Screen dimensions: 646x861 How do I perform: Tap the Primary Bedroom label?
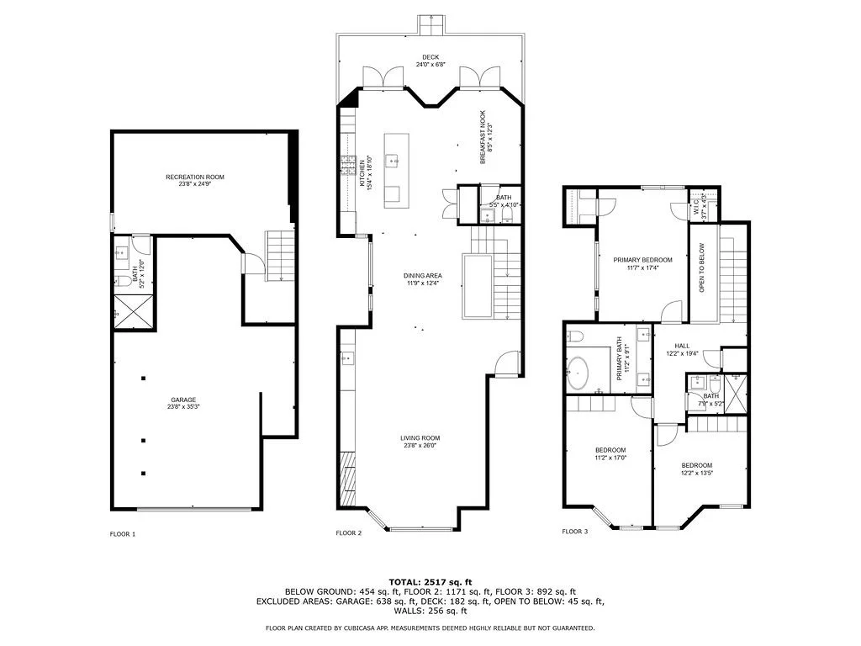[642, 263]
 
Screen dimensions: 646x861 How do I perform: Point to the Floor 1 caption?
[123, 533]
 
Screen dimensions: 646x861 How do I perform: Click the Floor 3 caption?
[575, 532]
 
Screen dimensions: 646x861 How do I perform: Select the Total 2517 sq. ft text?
[430, 581]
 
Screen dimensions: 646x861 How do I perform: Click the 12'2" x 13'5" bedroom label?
[696, 469]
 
